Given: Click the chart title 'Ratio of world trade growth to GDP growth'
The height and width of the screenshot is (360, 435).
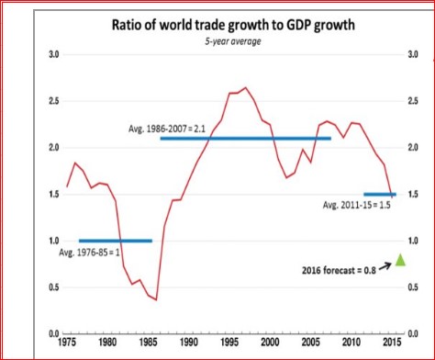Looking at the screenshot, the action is (233, 25).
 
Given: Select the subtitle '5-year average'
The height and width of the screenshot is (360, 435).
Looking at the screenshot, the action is (233, 41).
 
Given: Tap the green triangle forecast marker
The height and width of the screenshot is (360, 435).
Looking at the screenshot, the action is (400, 260).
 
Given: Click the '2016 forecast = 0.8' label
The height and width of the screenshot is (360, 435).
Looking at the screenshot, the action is (339, 270).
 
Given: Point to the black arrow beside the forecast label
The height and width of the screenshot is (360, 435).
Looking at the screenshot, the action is (385, 266).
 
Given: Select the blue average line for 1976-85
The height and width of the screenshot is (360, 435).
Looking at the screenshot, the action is (116, 241).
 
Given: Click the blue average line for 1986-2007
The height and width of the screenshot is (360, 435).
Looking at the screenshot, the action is (246, 139).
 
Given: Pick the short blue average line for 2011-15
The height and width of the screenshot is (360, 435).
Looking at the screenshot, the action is (380, 195).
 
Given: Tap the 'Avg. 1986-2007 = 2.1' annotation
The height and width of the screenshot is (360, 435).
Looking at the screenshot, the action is (167, 129).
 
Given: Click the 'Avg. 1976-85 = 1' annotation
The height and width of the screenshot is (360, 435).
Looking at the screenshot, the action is (89, 253).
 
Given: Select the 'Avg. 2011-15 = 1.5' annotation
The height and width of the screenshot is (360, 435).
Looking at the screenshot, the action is (357, 205).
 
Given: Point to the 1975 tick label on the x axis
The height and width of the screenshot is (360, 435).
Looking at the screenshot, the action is (67, 342).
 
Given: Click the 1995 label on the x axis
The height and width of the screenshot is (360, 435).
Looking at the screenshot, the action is (229, 342).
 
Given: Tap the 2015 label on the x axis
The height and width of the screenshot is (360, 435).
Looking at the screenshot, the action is (392, 342).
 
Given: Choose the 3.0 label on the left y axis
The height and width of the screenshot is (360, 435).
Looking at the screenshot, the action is (53, 54).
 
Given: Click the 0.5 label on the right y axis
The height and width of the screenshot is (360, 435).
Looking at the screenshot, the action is (413, 287).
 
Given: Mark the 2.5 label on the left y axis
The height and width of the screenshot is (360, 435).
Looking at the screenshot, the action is (53, 101).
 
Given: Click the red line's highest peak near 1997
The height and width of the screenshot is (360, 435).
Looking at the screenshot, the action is (245, 87).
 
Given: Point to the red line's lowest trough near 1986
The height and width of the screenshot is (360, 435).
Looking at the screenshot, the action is (156, 300).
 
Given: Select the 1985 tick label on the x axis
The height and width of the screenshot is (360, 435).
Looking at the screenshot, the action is (148, 342).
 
